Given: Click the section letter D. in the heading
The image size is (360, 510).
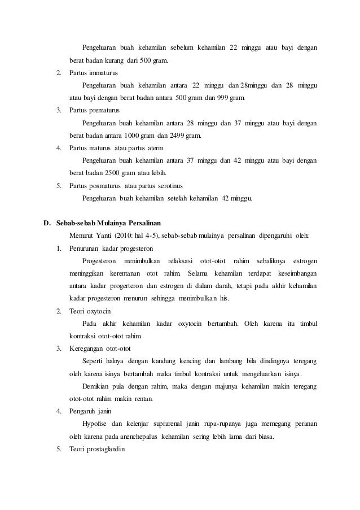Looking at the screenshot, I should tap(49, 222).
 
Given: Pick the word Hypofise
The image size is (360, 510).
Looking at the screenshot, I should tap(95, 423).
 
